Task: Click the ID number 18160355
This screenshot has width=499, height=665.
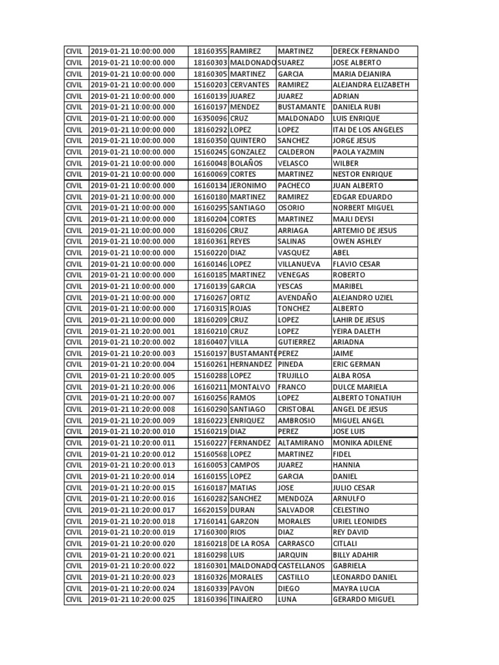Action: pyautogui.click(x=211, y=51)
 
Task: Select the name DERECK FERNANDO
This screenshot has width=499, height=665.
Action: pyautogui.click(x=365, y=51)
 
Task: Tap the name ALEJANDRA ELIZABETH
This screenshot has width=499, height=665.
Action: pyautogui.click(x=370, y=85)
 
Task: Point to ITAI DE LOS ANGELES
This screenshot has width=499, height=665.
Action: pyautogui.click(x=367, y=130)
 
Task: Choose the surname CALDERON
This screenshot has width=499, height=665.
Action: pyautogui.click(x=296, y=152)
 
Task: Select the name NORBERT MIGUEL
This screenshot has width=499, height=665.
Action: pyautogui.click(x=363, y=208)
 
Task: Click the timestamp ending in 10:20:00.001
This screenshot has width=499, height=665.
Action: pyautogui.click(x=133, y=331)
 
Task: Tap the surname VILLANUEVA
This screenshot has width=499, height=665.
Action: pyautogui.click(x=302, y=264)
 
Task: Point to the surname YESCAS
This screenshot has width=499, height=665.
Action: pyautogui.click(x=290, y=286)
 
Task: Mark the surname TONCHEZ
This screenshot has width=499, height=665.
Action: pyautogui.click(x=294, y=308)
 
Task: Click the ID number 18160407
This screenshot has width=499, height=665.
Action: pyautogui.click(x=211, y=342)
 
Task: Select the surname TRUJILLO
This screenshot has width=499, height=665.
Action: pyautogui.click(x=294, y=376)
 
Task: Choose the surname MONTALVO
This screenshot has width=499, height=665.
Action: pyautogui.click(x=251, y=387)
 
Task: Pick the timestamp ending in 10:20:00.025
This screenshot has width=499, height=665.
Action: pyautogui.click(x=133, y=599)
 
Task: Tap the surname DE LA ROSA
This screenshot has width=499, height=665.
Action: pyautogui.click(x=251, y=544)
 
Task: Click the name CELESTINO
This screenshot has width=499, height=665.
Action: pyautogui.click(x=351, y=510)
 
